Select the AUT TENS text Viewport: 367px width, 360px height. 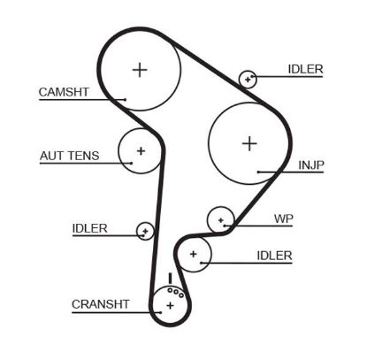(67, 156)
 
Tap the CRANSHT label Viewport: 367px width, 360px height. (100, 303)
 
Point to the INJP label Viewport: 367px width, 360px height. (310, 164)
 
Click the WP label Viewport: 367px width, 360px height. (283, 218)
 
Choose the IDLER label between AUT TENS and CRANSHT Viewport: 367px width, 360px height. (89, 228)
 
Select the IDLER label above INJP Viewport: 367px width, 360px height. (305, 69)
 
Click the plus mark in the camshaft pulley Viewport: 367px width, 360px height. (140, 69)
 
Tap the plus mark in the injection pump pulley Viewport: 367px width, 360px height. (249, 142)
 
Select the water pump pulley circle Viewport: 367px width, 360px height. (220, 219)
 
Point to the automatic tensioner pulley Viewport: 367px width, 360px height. (140, 149)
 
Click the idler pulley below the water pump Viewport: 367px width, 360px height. (194, 255)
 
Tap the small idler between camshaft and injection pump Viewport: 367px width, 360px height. (248, 79)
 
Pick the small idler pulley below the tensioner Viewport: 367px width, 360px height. (145, 231)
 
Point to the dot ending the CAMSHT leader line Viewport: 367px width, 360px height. (126, 98)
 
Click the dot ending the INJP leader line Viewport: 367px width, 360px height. (256, 171)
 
